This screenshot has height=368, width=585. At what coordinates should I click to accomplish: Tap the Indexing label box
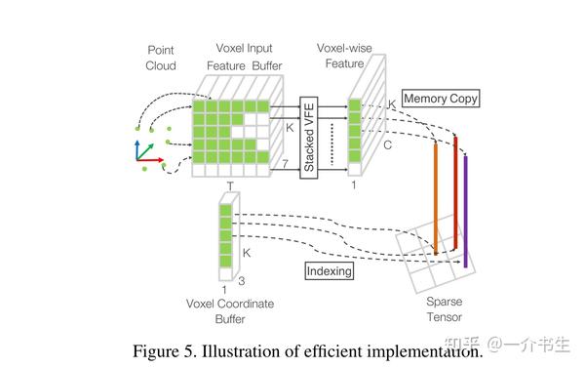coord(329,270)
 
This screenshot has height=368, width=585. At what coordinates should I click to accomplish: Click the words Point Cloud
coord(160,58)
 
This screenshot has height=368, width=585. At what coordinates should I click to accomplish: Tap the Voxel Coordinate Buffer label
coord(229,311)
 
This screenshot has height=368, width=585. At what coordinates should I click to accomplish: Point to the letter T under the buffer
coord(230,184)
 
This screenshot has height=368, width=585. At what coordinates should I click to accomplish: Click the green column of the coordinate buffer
coord(226,234)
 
